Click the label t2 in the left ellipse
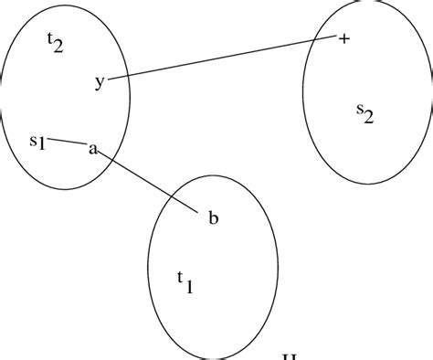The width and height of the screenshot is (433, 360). click(x=55, y=43)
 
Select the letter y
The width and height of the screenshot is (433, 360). click(x=100, y=82)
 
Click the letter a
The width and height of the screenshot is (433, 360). click(x=92, y=148)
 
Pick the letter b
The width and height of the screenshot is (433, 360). click(x=212, y=217)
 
